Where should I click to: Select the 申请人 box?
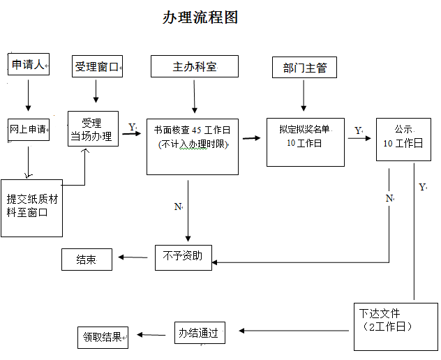(29, 65)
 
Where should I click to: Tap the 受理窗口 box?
(98, 67)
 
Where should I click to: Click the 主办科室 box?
(195, 67)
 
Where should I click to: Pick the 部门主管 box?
(304, 68)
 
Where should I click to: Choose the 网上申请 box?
(29, 129)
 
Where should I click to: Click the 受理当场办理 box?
(93, 129)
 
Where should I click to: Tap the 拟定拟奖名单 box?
(305, 142)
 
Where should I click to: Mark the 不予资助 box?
(183, 257)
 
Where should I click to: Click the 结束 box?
(87, 260)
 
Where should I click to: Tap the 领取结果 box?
(103, 338)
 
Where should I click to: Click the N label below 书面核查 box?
(177, 207)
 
